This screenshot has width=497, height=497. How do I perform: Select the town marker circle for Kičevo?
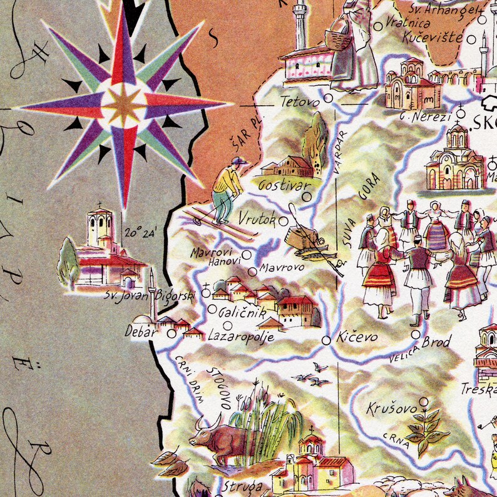tap(326, 340)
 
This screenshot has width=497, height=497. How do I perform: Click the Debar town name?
tap(141, 332)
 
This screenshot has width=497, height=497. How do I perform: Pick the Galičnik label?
tap(242, 313)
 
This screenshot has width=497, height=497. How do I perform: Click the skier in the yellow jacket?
tap(227, 188)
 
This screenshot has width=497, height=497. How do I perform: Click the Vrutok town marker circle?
tap(284, 221)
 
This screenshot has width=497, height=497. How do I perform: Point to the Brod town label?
tap(436, 342)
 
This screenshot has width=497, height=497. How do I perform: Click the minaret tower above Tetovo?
tap(300, 25)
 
